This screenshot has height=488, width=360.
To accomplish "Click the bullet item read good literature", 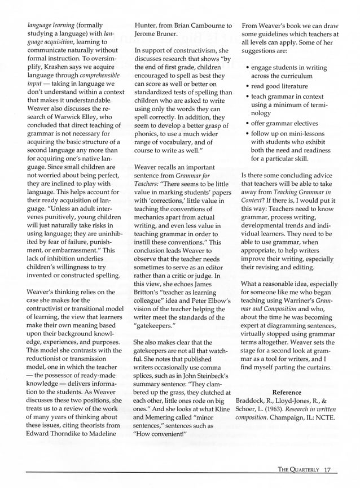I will pyautogui.click(x=279, y=86).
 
